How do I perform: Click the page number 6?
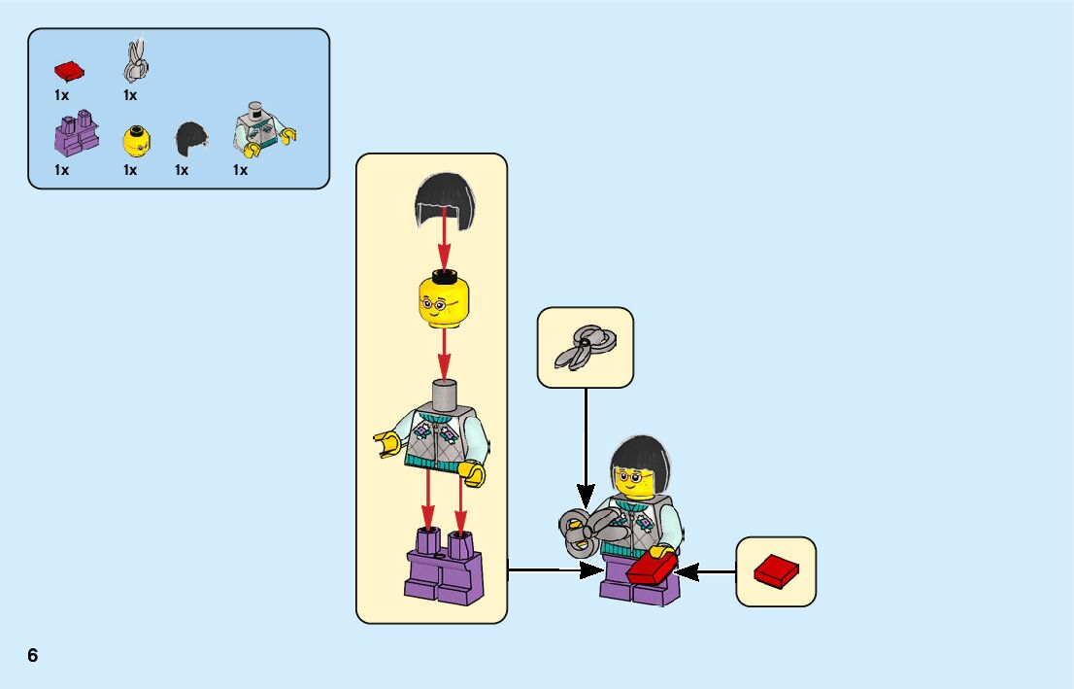click(33, 655)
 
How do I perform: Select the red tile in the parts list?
click(69, 70)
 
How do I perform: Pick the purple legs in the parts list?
click(76, 134)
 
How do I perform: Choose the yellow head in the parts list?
click(136, 141)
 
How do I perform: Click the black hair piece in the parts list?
click(189, 140)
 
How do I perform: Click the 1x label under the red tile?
click(62, 95)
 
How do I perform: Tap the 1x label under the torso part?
click(240, 170)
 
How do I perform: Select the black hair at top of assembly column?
click(444, 200)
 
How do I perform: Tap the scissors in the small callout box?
click(585, 346)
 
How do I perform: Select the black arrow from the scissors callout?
click(586, 437)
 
